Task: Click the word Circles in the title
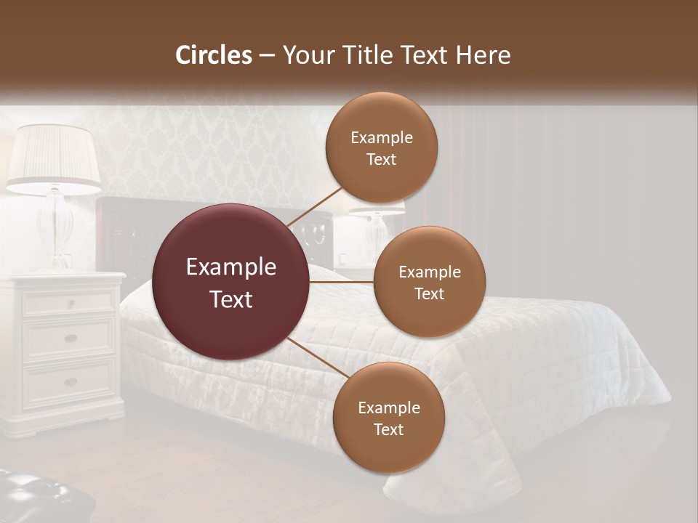[x=214, y=55]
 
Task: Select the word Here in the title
[x=484, y=55]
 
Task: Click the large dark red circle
[x=231, y=283]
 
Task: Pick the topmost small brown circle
[x=382, y=148]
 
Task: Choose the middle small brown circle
[x=429, y=282]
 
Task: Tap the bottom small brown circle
[x=388, y=418]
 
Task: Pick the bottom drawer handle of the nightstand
[x=71, y=381]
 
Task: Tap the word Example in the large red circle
[x=231, y=267]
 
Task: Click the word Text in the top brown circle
[x=382, y=160]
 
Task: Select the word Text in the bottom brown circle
[x=388, y=429]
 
